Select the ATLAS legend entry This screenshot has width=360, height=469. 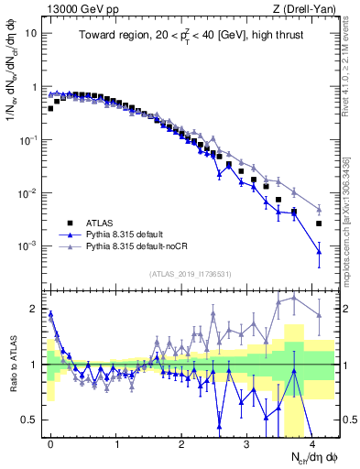(100, 223)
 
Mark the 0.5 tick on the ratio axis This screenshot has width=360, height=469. (30, 420)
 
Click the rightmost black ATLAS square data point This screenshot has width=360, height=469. (319, 224)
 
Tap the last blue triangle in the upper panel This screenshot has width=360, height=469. (319, 251)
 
